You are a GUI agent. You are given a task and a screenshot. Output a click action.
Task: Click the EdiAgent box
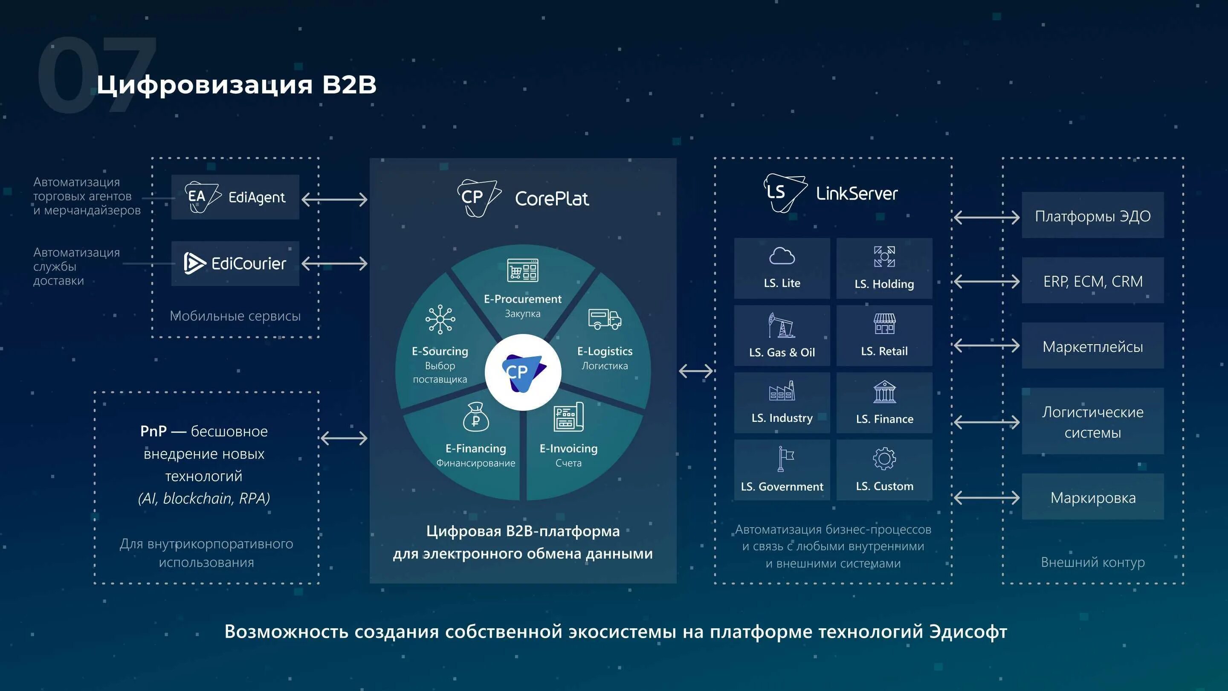point(235,197)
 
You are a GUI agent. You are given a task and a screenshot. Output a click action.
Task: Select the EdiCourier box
point(235,263)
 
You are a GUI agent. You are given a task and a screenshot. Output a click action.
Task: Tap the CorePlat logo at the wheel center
point(523,372)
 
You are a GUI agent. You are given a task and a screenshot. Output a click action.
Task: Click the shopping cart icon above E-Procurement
point(522,270)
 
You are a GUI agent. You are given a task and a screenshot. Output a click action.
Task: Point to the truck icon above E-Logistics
point(605,319)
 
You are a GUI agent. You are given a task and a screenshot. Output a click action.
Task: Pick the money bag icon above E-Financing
point(476,417)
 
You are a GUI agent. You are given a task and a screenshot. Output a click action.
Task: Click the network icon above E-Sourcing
point(440,319)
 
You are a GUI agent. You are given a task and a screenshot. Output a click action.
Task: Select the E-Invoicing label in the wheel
point(568,449)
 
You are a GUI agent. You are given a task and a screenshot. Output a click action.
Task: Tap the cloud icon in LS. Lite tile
point(782,256)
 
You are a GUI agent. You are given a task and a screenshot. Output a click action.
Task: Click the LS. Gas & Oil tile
point(782,336)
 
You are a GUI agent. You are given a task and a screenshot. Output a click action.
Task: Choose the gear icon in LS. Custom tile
point(884,459)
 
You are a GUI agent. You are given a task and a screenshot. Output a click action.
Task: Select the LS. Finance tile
point(884,403)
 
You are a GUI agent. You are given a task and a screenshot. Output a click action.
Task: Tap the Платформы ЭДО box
point(1092,215)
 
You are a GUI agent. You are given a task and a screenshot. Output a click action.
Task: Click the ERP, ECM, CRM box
point(1092,281)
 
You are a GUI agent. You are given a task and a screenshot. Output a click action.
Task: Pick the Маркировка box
point(1092,497)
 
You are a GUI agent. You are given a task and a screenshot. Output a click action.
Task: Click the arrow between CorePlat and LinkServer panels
point(695,371)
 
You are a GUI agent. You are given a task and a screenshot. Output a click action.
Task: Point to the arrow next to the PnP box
point(344,438)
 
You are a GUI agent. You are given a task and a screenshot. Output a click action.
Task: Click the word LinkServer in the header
point(857,194)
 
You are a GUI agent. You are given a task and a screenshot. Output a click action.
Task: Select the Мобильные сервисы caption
point(235,316)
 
